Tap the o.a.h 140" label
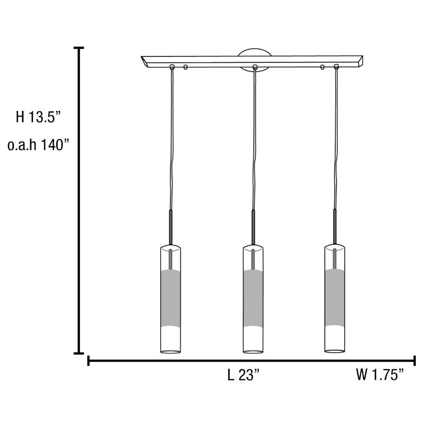[38, 145]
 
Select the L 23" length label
[243, 375]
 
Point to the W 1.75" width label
[380, 375]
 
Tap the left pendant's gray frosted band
[170, 299]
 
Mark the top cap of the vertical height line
[79, 48]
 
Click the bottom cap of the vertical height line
[79, 353]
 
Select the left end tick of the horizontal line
[89, 360]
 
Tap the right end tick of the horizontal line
[415, 360]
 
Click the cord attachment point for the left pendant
[173, 68]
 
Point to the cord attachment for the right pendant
[336, 68]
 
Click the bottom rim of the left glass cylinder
[170, 352]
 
